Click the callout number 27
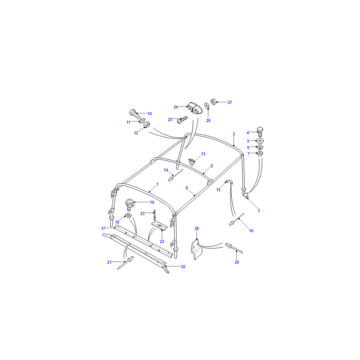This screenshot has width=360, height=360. point(229,103)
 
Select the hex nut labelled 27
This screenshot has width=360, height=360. point(214,102)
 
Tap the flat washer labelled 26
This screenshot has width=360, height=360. point(207,105)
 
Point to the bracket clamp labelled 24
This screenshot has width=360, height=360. point(194,108)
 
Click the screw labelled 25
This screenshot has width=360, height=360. point(182,120)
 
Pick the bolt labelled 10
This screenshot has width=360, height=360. point(135,114)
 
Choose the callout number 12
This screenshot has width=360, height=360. point(136,133)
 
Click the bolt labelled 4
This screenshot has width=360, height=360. point(260,132)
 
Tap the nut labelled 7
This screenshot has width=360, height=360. point(260,153)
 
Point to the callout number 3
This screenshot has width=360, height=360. point(259,210)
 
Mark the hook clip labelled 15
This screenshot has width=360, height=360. point(229,182)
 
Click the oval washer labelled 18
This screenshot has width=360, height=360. point(128,216)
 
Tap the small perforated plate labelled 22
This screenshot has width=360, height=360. point(159,226)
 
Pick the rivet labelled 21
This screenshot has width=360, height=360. point(126,263)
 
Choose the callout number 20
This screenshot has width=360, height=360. point(183,266)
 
